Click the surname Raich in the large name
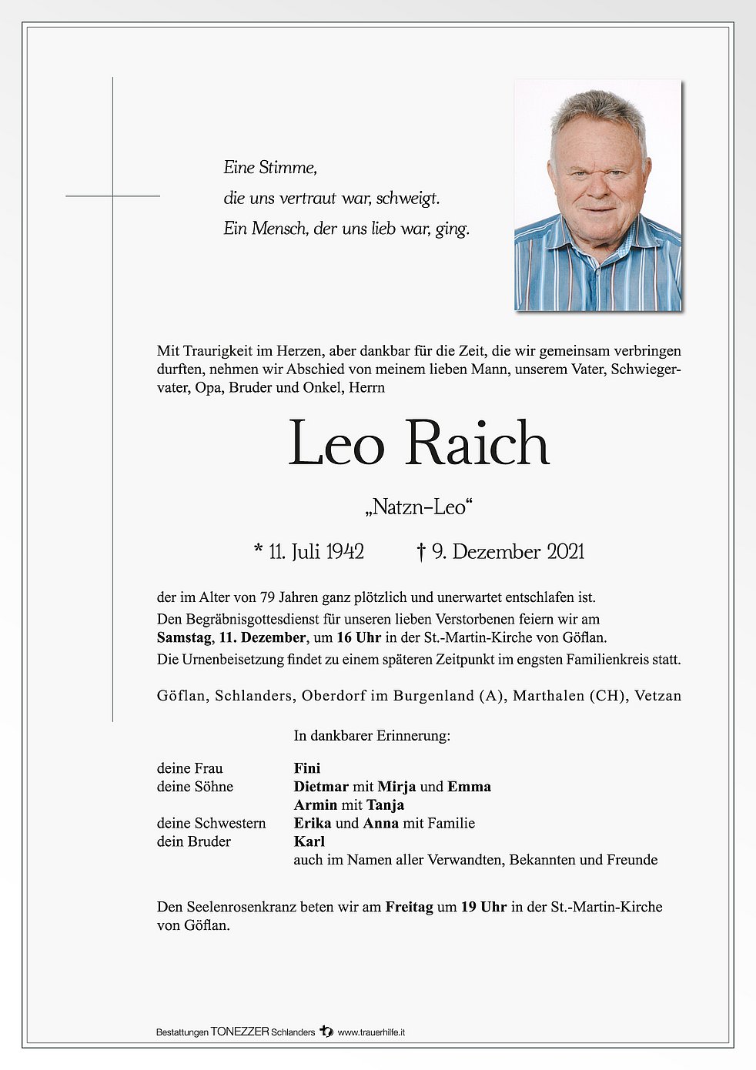click(477, 444)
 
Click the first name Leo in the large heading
click(336, 444)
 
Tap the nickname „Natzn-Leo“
click(419, 507)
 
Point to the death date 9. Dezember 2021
click(508, 552)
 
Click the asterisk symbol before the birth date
click(258, 550)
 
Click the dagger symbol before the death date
click(421, 552)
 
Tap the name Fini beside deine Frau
click(307, 768)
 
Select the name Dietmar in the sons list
click(321, 787)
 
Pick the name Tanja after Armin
click(385, 805)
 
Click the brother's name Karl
click(309, 842)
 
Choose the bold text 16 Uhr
click(359, 638)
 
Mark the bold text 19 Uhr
click(483, 908)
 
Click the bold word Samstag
click(185, 638)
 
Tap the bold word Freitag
click(410, 908)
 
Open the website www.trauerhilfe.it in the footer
click(372, 1032)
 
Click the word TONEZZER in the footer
click(240, 1032)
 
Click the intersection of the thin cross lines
click(113, 196)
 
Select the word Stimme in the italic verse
click(287, 168)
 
